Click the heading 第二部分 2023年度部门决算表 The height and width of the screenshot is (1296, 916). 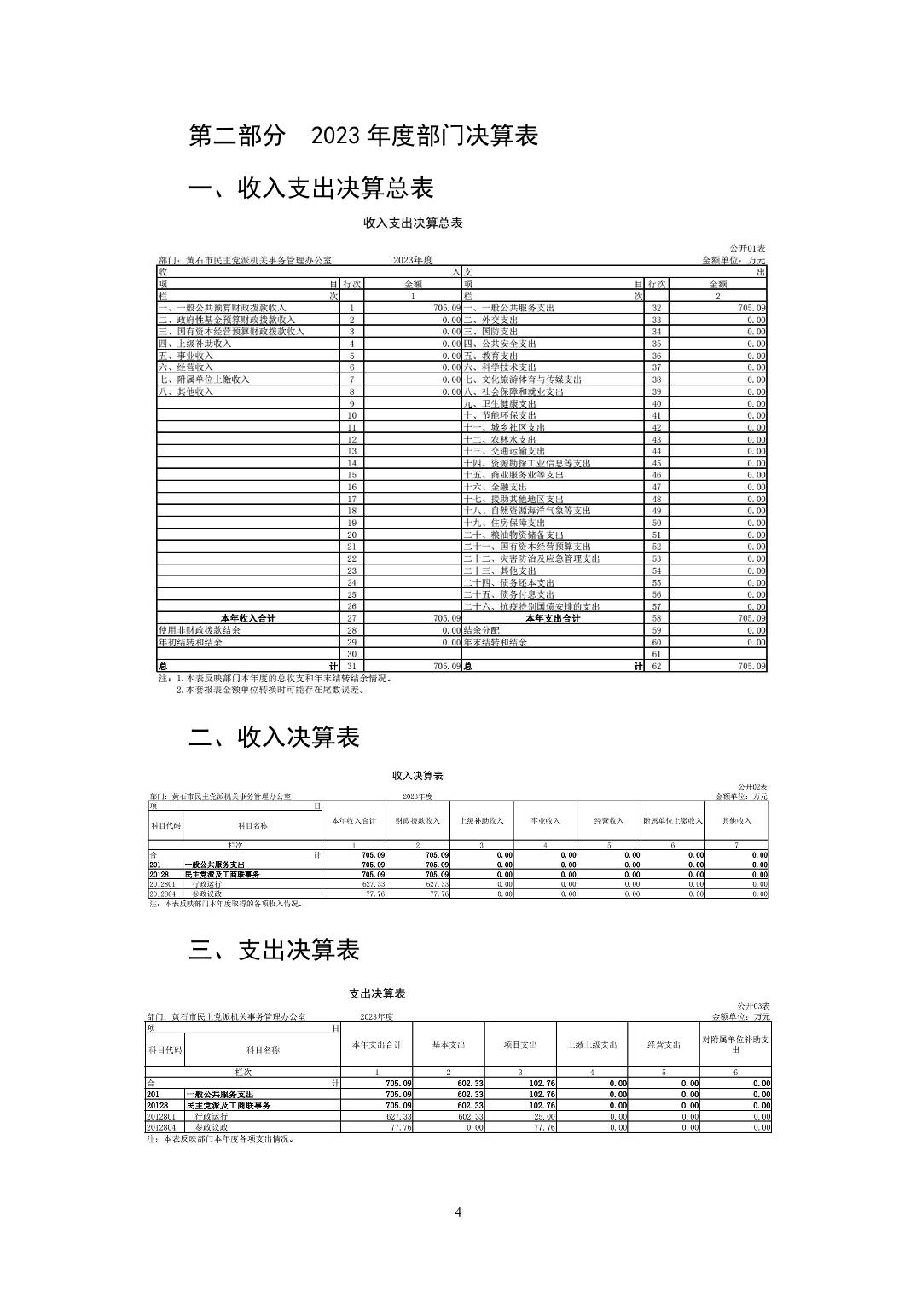(363, 135)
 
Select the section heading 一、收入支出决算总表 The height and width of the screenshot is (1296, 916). (311, 188)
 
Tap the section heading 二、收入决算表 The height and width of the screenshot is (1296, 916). (274, 737)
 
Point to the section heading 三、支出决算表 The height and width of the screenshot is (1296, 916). (274, 950)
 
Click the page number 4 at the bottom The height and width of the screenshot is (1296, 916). (458, 1212)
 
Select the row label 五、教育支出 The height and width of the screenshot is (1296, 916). (490, 356)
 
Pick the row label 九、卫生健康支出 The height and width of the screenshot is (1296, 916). (500, 403)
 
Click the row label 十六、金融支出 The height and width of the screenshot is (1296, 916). (496, 487)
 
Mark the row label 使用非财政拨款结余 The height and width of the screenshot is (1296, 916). (200, 630)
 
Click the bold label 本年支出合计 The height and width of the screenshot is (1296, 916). (553, 618)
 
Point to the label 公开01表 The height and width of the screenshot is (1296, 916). (748, 247)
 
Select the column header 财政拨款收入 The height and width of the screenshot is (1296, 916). (417, 820)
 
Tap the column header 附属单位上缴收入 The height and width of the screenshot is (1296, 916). (673, 820)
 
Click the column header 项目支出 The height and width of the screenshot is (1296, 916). (520, 1044)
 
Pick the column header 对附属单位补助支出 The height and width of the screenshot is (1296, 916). (735, 1044)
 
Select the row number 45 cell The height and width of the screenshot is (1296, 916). (657, 463)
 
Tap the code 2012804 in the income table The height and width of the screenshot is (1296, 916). (163, 894)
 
